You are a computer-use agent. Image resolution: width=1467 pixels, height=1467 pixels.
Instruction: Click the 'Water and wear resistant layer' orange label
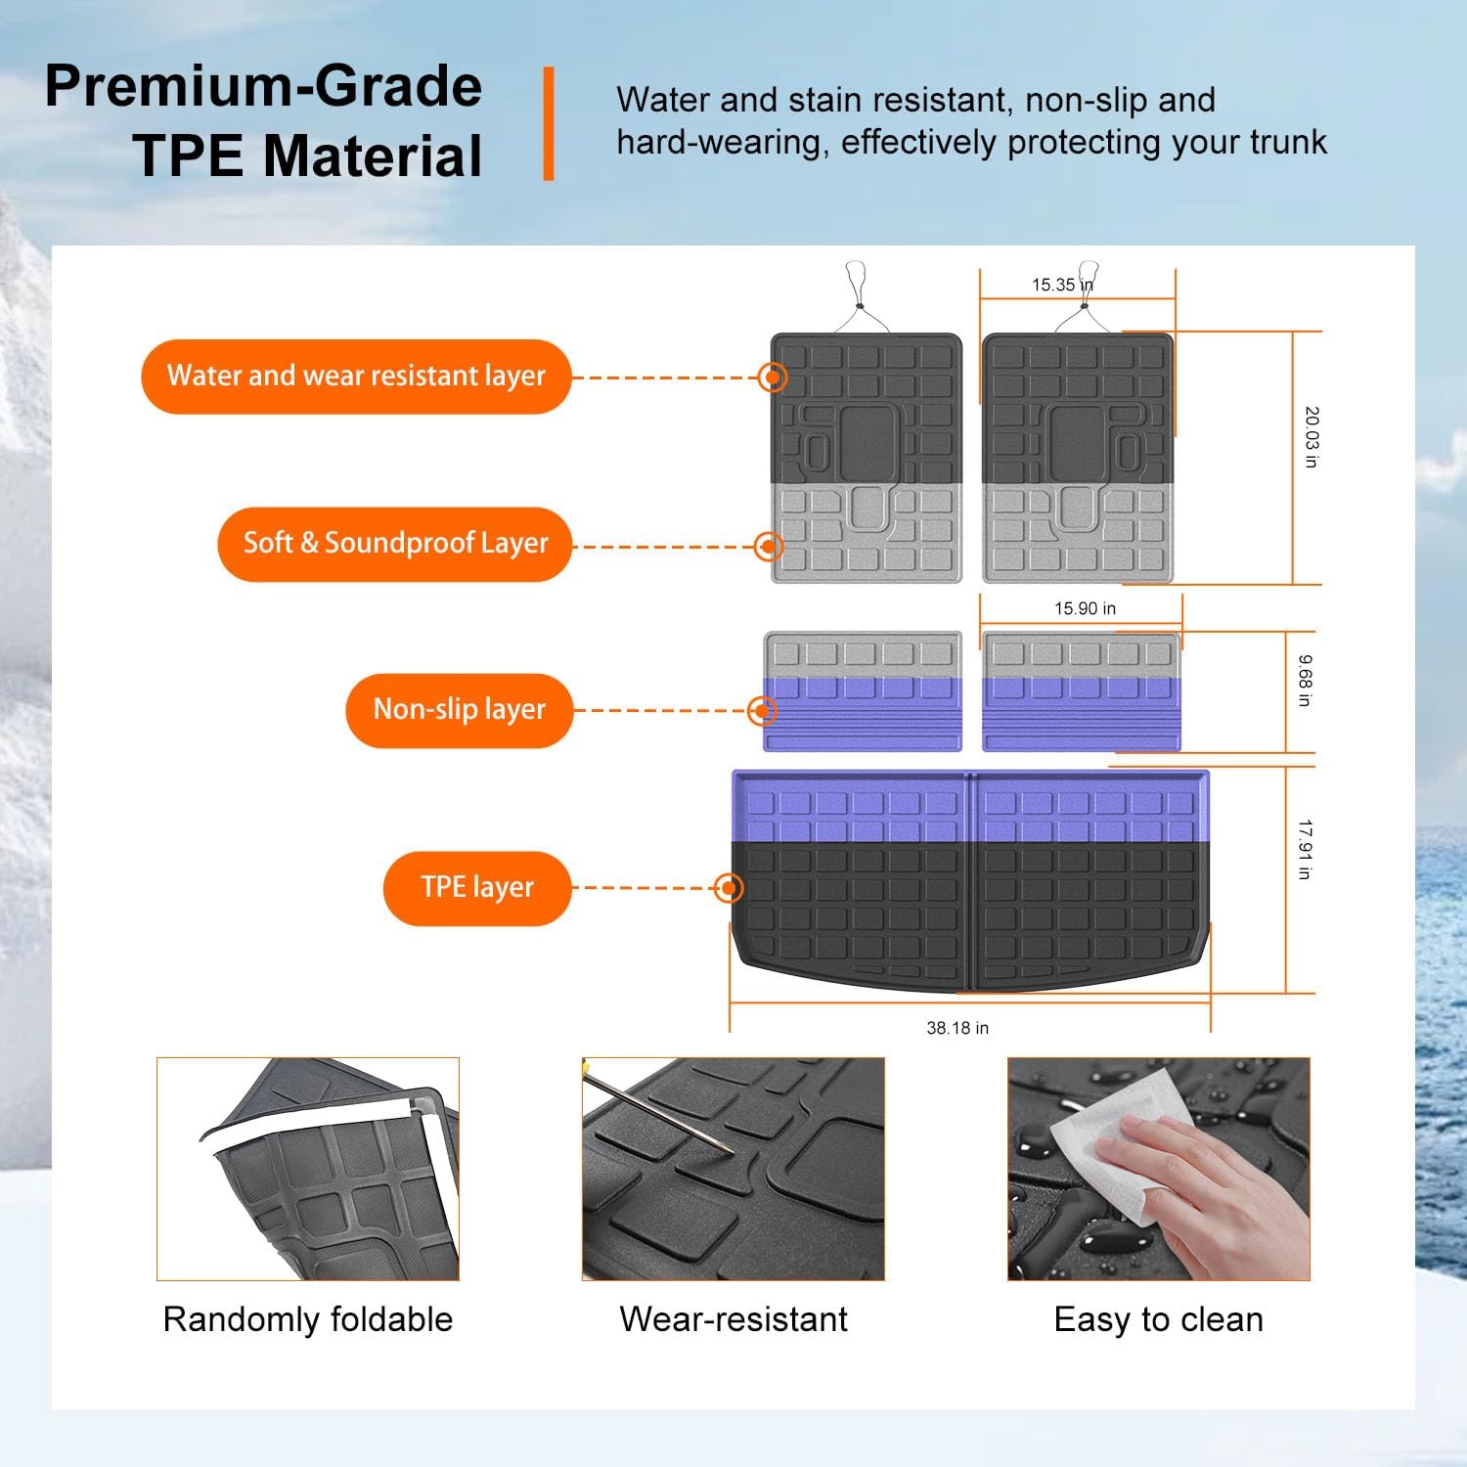(356, 377)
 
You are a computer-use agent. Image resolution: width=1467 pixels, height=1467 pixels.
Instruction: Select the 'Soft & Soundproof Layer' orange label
(394, 544)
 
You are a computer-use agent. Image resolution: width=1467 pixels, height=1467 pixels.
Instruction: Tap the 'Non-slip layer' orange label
(459, 710)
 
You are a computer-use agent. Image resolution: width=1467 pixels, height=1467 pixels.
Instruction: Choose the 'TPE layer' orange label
(476, 888)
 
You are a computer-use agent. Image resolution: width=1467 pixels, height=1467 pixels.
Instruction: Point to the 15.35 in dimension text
(1062, 285)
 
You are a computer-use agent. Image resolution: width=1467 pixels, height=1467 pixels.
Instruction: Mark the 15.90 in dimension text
(1085, 608)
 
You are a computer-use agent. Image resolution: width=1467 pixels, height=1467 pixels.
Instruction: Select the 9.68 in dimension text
(1305, 681)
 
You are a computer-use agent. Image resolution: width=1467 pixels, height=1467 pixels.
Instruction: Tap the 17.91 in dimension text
(1305, 849)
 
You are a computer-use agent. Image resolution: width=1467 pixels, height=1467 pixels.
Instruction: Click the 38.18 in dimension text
(957, 1028)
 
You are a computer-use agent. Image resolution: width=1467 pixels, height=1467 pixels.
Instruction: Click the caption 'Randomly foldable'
(308, 1319)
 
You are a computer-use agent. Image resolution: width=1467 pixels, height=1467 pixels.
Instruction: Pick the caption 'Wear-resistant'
(733, 1319)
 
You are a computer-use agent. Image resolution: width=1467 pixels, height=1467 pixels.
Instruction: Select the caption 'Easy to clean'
(1159, 1319)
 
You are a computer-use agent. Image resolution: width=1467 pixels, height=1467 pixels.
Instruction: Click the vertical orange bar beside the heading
(549, 123)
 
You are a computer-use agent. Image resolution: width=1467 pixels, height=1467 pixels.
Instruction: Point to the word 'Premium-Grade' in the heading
(263, 86)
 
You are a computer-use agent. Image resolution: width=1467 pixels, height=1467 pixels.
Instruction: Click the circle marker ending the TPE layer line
(729, 888)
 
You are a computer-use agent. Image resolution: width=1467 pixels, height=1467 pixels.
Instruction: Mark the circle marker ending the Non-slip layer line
(762, 711)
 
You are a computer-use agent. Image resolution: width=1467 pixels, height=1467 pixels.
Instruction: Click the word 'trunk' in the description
(1288, 143)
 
